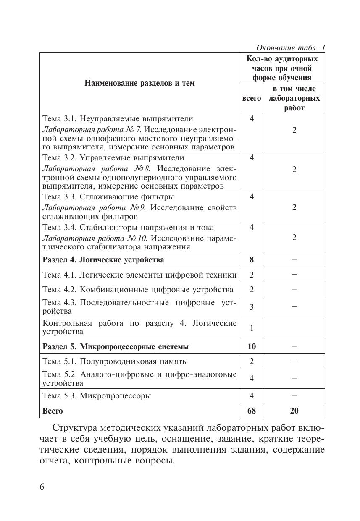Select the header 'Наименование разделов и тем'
tap(139, 83)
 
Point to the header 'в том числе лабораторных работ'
tap(294, 98)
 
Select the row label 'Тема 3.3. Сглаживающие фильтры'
tap(108, 197)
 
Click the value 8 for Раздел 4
tap(251, 259)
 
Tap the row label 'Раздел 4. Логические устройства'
tap(103, 259)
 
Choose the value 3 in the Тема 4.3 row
tap(251, 307)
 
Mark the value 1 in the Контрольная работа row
tap(251, 327)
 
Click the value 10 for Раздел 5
tap(251, 347)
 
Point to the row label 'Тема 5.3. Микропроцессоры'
tap(97, 395)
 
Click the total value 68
tap(251, 411)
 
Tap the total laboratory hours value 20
tap(294, 411)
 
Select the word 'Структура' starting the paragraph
tap(74, 428)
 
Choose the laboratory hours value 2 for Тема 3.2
tap(294, 169)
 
